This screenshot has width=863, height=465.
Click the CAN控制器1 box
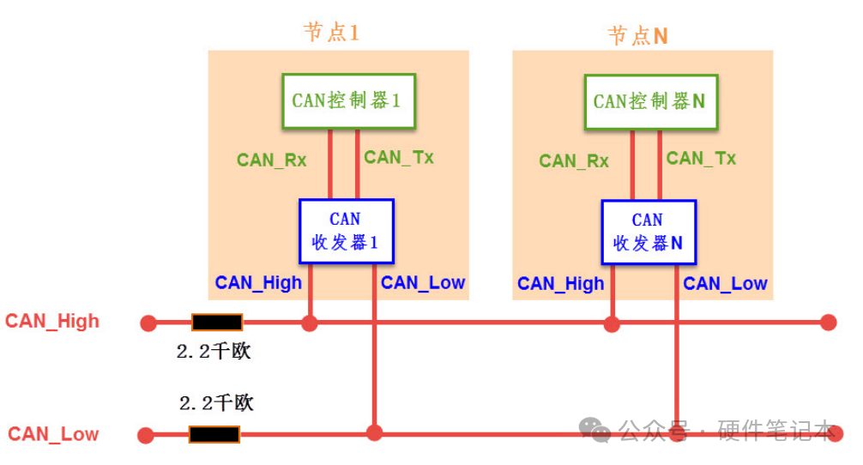coord(348,101)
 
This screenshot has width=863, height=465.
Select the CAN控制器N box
coord(649,102)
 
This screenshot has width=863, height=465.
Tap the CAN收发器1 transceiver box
coord(346,232)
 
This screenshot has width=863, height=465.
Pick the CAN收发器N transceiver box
coord(648,232)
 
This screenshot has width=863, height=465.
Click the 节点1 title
coord(331,33)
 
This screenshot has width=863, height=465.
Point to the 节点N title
coord(637,35)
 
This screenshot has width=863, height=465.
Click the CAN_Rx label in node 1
coord(271,160)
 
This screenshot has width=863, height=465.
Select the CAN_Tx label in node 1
coord(398,157)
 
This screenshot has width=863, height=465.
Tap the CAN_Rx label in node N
coord(573,160)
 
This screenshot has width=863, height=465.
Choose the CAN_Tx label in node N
coord(700,158)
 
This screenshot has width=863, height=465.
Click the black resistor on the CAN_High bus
coord(217,323)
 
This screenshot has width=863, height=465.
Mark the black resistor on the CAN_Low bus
coord(214,434)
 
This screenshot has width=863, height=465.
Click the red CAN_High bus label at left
coord(52,322)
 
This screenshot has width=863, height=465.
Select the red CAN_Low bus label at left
coord(53,434)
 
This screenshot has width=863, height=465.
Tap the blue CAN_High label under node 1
coord(258,283)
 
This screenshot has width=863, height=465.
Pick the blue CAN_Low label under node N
coord(725,283)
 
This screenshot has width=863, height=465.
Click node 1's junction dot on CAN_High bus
coord(310,323)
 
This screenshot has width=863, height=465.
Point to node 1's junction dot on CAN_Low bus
coord(374,432)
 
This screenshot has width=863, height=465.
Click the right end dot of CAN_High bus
coord(828,323)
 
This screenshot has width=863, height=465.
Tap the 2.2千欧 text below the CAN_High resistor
coord(214,352)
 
